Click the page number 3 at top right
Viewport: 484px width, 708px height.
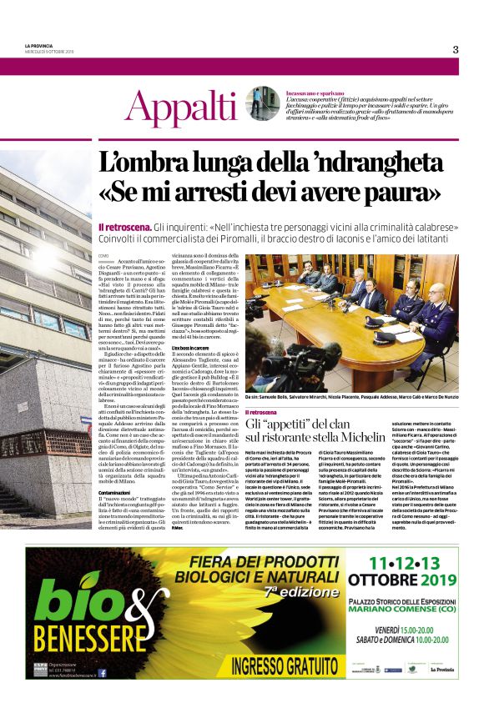coord(455,49)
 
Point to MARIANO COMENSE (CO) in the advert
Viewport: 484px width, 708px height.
coord(406,608)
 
